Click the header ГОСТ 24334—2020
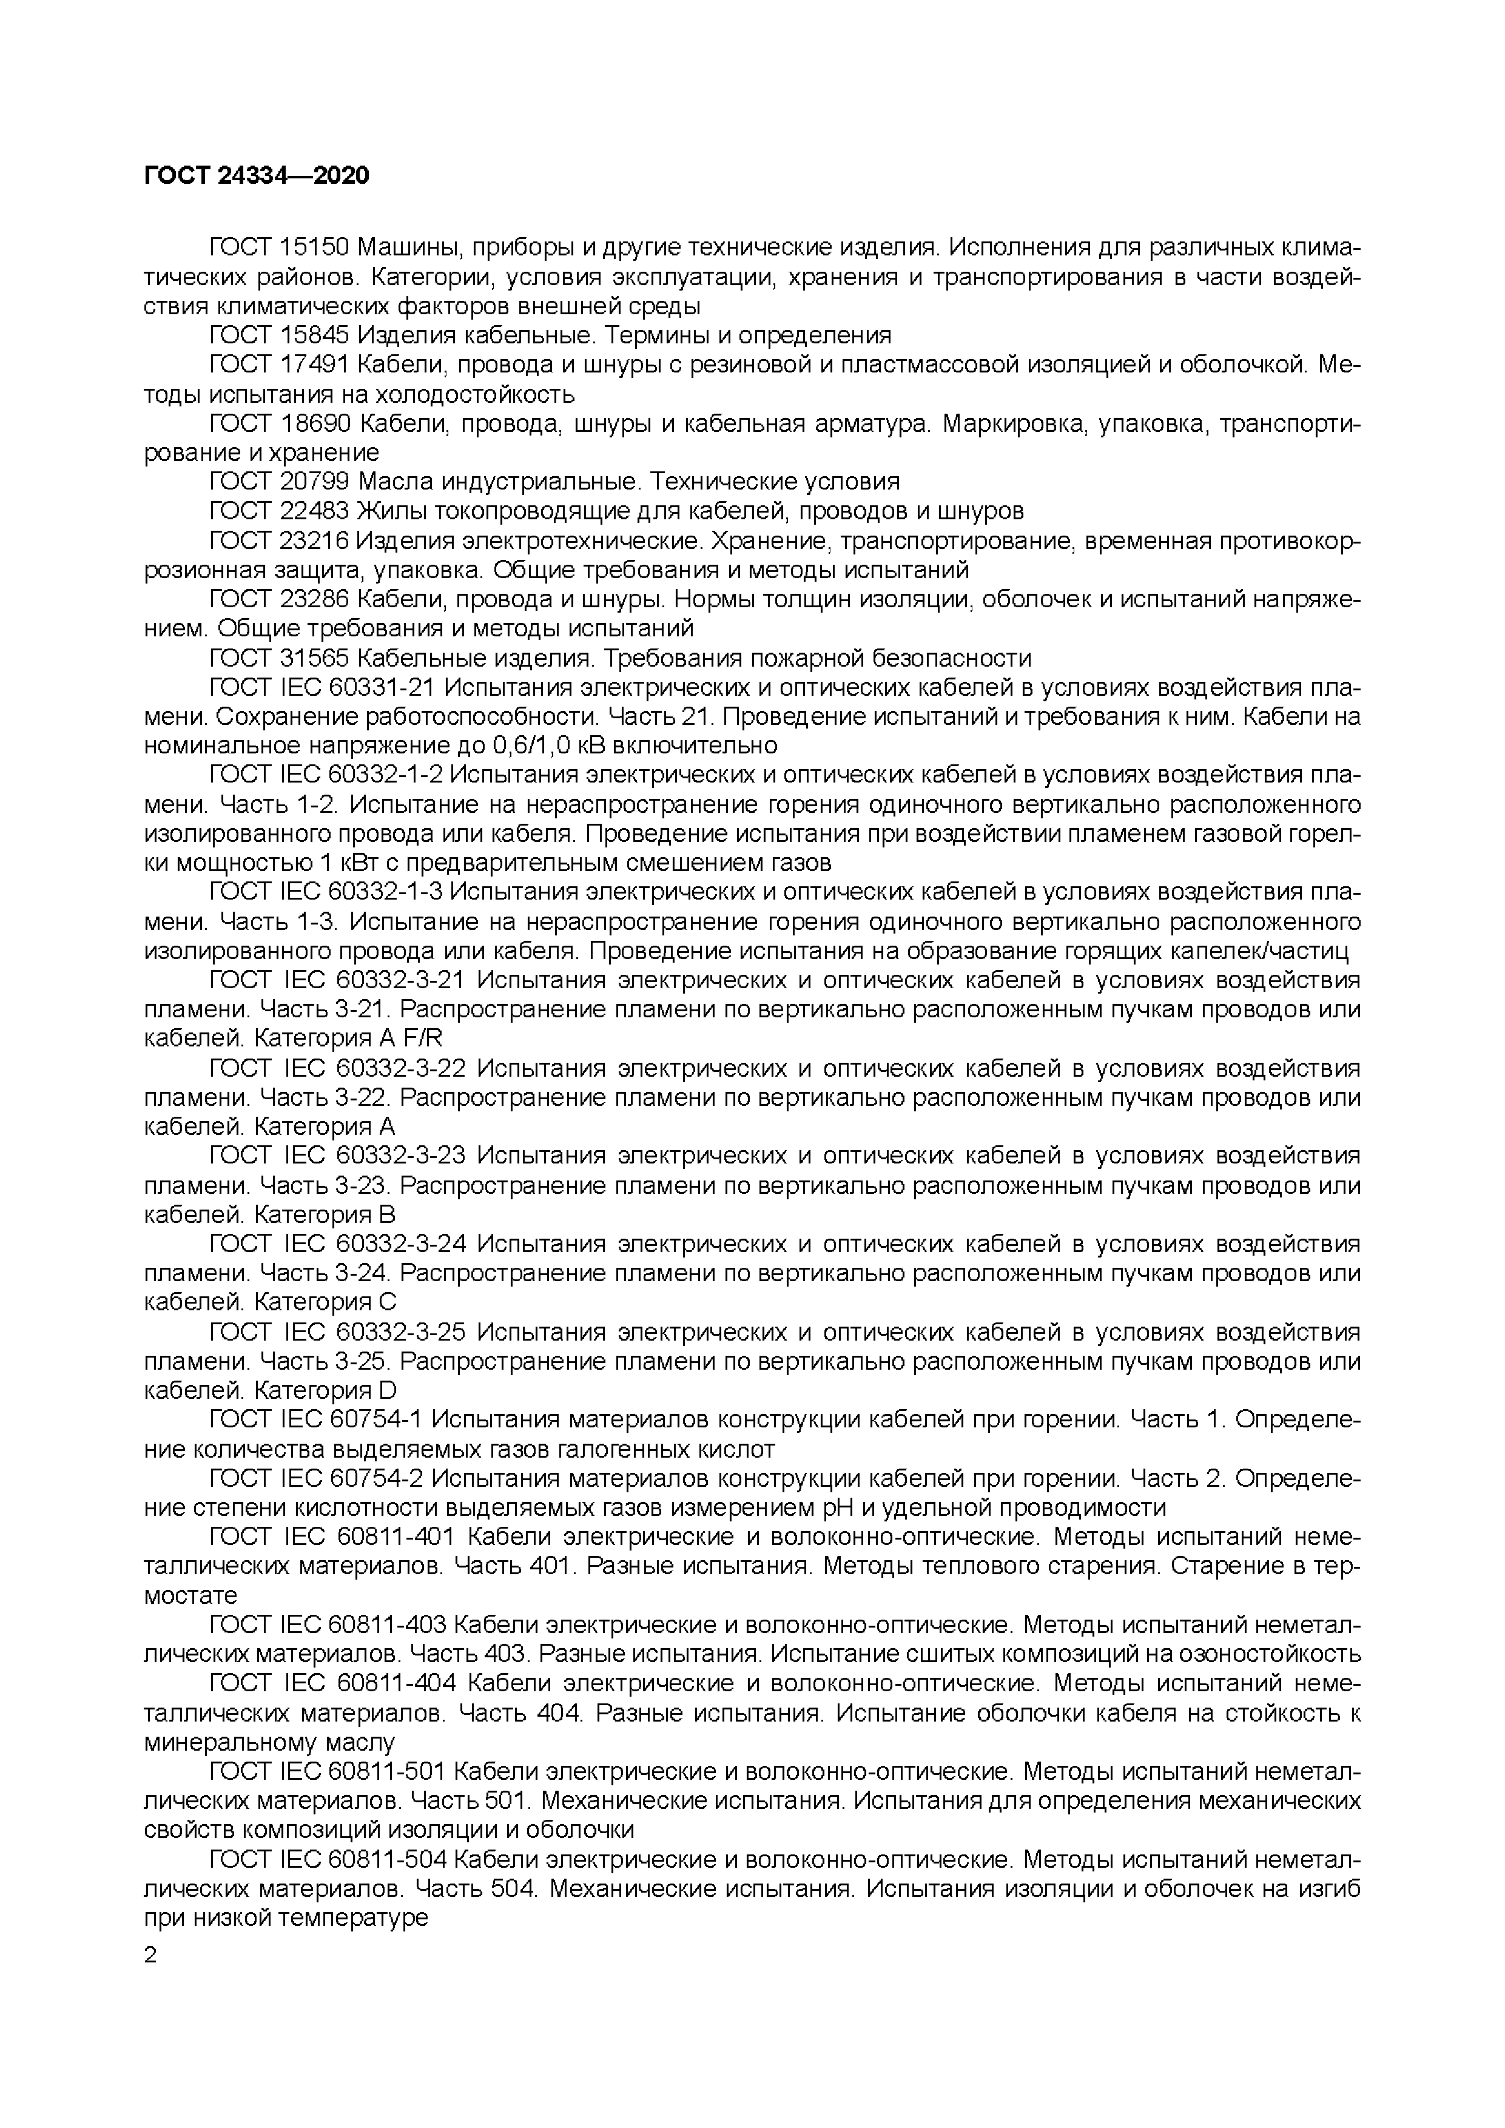pos(257,175)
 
